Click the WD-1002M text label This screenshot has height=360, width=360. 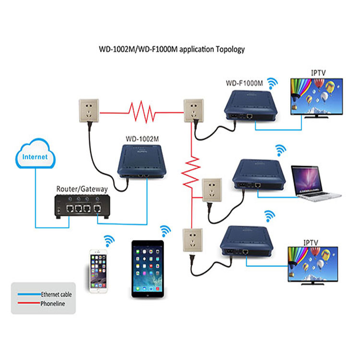(x=143, y=139)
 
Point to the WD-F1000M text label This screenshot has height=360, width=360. (x=244, y=83)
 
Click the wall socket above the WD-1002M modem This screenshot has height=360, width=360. (x=89, y=111)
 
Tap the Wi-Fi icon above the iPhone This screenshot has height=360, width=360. (x=110, y=239)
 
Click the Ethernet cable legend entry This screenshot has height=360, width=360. (x=55, y=294)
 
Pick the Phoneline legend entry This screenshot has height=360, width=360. (x=52, y=303)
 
